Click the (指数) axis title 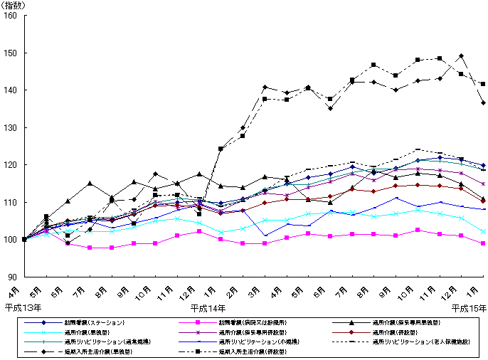(x=13, y=5)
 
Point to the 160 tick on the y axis (x=12, y=16)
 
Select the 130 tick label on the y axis (x=12, y=127)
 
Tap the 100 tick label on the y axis (x=12, y=239)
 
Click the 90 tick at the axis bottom (x=14, y=277)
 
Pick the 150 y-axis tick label (x=12, y=53)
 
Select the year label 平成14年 (x=208, y=308)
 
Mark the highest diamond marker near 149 (x=462, y=56)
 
